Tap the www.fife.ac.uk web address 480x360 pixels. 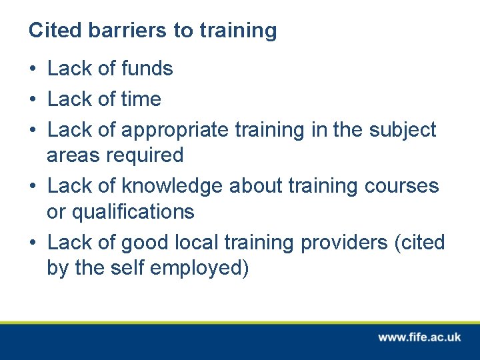[x=419, y=337]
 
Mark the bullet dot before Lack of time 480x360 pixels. [x=33, y=100]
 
